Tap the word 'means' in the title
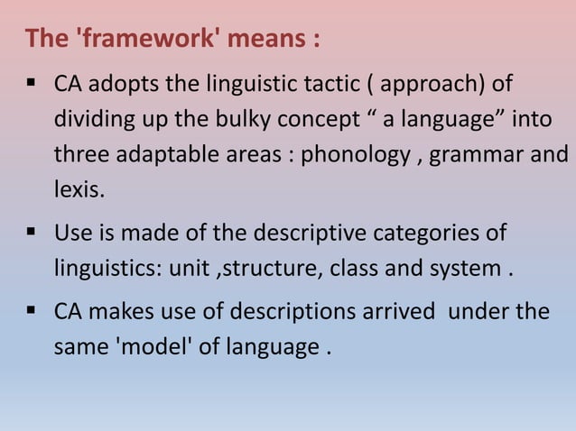click(259, 40)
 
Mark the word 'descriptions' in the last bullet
click(293, 313)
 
